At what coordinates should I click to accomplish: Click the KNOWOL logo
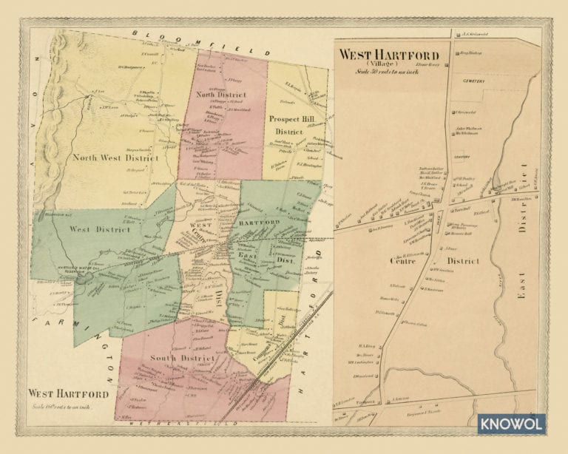point(511,424)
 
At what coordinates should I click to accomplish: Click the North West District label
point(115,157)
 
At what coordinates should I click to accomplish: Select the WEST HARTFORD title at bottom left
point(68,394)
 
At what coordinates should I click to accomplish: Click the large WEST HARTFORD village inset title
point(388,55)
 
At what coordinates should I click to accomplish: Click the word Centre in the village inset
point(403,261)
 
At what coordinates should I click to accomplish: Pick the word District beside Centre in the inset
point(463,261)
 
